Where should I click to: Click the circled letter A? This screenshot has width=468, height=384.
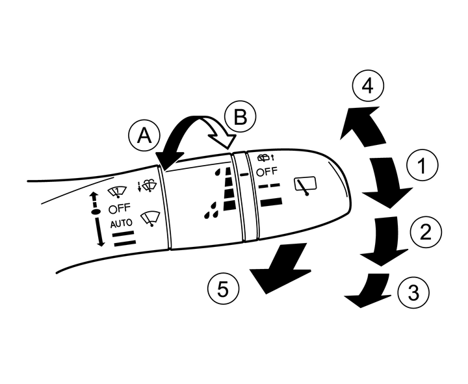(x=144, y=135)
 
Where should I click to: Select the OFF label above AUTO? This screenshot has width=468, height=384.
(x=120, y=209)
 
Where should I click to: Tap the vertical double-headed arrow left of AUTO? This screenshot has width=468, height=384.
(x=97, y=218)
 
